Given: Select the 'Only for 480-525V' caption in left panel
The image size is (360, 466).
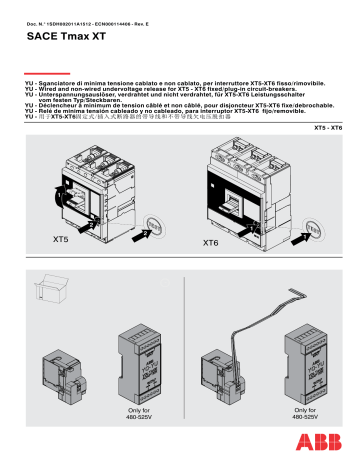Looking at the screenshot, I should [x=138, y=414].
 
